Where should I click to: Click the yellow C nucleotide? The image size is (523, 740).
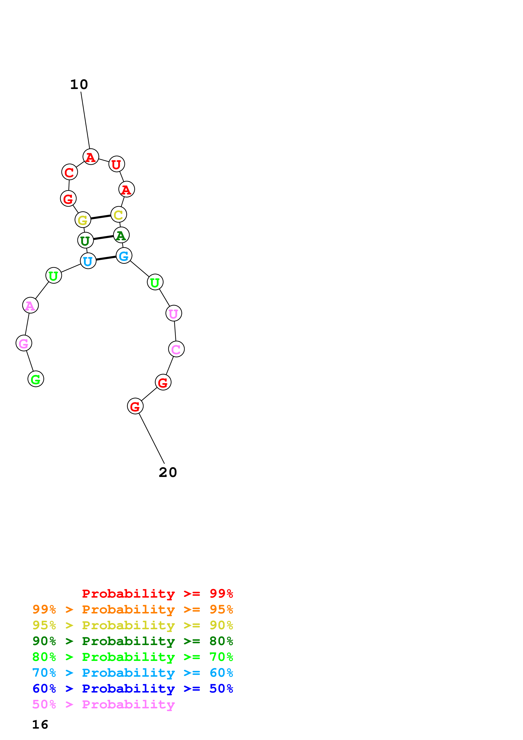[x=119, y=215]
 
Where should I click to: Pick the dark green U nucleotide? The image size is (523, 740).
[x=85, y=240]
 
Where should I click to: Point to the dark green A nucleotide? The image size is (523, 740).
[x=121, y=235]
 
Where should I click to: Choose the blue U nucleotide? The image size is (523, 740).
[x=88, y=261]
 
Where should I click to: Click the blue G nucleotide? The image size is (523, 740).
[x=124, y=256]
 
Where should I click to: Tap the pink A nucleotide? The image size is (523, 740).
[x=30, y=305]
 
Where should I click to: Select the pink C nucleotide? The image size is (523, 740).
[x=176, y=349]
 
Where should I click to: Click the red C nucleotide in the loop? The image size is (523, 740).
[x=70, y=172]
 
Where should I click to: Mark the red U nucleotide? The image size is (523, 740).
[x=117, y=164]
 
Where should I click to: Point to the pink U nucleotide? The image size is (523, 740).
[x=174, y=313]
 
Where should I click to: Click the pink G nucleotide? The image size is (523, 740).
[x=24, y=343]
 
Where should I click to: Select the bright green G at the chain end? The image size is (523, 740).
[x=36, y=379]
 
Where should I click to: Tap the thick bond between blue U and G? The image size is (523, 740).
[x=106, y=258]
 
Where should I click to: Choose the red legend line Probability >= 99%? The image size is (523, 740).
[x=157, y=594]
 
